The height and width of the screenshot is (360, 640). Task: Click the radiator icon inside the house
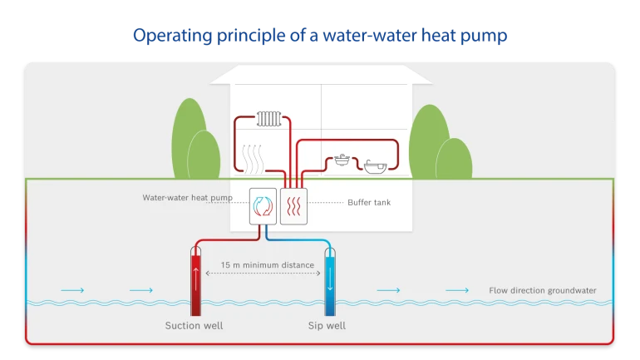tap(269, 119)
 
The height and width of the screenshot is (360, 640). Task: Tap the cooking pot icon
tap(342, 159)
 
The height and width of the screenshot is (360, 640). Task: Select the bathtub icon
tap(375, 167)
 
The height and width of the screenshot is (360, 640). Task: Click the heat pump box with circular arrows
tap(263, 206)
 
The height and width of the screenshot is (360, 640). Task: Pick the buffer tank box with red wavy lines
tap(294, 206)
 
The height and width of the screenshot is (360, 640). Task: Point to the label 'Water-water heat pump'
tap(187, 198)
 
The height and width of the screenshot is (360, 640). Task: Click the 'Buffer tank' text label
tap(369, 202)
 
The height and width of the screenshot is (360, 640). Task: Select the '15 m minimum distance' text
tap(267, 265)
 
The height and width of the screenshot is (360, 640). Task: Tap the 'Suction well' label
tap(194, 325)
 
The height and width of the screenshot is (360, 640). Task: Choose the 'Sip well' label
tap(327, 325)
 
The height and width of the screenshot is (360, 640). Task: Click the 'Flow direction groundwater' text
tap(542, 290)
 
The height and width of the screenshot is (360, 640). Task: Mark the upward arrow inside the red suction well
tap(196, 277)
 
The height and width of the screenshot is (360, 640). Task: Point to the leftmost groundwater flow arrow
tap(72, 290)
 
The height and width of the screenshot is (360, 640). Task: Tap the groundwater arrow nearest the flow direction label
tap(456, 290)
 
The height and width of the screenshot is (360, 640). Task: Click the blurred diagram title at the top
tap(320, 36)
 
